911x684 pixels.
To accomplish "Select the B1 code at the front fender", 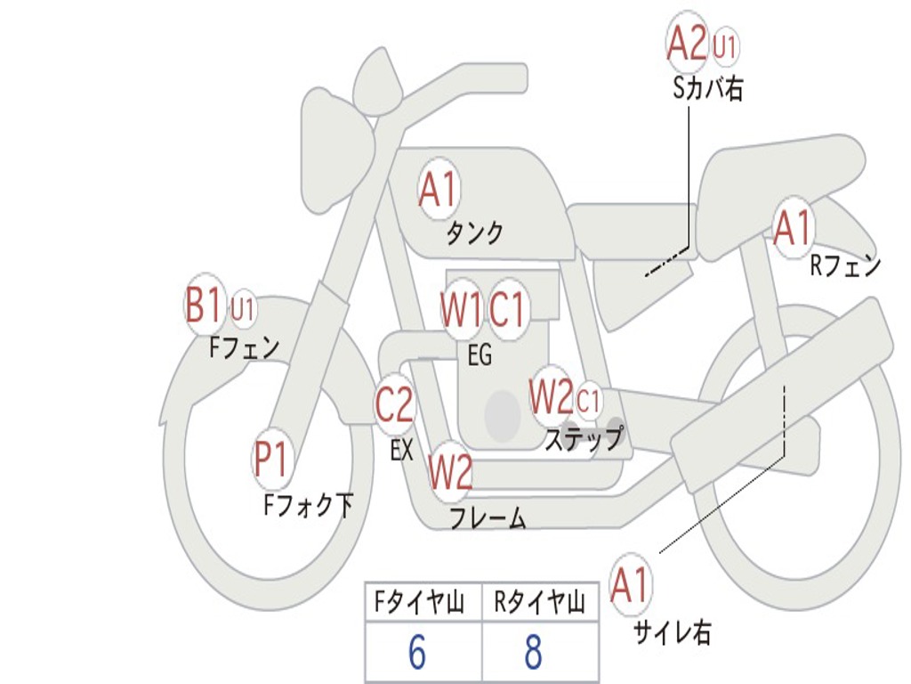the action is point(204,305).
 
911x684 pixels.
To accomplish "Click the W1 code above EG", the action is point(461,309).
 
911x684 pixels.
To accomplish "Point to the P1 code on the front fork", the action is point(270,459).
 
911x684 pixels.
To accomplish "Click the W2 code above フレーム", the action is point(450,472).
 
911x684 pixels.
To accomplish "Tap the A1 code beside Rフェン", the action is point(793,228).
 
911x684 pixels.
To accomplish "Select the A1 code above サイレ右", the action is point(630,584).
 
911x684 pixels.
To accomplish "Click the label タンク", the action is point(475,233).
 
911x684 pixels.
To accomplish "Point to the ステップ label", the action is point(584,438).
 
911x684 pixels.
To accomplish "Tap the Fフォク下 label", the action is point(309,505).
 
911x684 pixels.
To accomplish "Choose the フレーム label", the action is point(488,517).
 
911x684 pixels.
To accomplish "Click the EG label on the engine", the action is point(480,354).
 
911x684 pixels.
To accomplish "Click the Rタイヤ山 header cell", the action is point(539,602).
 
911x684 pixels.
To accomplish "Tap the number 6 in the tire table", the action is point(417,652).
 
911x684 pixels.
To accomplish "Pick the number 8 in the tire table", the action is point(534,652).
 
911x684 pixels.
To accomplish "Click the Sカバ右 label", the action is point(707,90).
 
